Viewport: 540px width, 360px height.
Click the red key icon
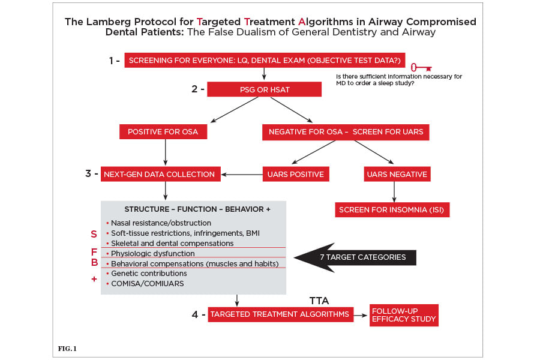[421, 68]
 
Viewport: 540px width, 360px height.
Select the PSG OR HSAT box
[264, 89]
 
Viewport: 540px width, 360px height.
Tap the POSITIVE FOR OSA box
[163, 131]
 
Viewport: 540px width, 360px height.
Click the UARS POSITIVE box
[295, 174]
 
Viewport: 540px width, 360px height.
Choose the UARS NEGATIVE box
[397, 174]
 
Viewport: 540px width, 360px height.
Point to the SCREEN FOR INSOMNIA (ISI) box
[392, 209]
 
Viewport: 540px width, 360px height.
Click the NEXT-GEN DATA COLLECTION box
[160, 174]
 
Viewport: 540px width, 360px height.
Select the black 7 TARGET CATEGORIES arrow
[355, 257]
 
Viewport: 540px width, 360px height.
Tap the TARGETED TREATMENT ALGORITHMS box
[280, 314]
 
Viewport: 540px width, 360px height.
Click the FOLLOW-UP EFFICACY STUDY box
[404, 315]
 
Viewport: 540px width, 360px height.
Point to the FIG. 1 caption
[67, 348]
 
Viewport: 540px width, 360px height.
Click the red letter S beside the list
[94, 234]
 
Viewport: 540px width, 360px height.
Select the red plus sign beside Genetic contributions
[94, 278]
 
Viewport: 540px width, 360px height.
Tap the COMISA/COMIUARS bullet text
[148, 284]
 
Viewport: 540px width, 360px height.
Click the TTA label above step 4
[319, 301]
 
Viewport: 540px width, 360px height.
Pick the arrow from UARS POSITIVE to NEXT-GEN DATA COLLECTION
[242, 175]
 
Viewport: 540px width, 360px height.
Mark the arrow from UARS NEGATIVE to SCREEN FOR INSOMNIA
[394, 192]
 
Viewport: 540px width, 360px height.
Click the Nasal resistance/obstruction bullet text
[161, 223]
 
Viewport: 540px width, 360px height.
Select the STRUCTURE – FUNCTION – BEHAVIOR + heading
[197, 209]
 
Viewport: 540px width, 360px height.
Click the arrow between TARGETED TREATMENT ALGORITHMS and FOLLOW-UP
[361, 315]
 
